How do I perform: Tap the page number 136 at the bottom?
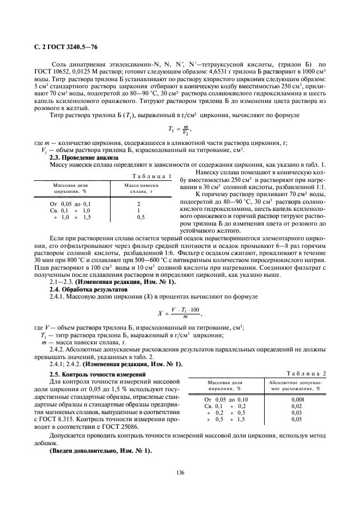click(180, 472)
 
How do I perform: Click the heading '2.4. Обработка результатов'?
click(81, 289)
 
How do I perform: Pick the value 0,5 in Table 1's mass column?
click(141, 216)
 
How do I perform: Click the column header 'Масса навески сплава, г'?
click(141, 188)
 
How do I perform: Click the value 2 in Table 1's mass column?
click(139, 203)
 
